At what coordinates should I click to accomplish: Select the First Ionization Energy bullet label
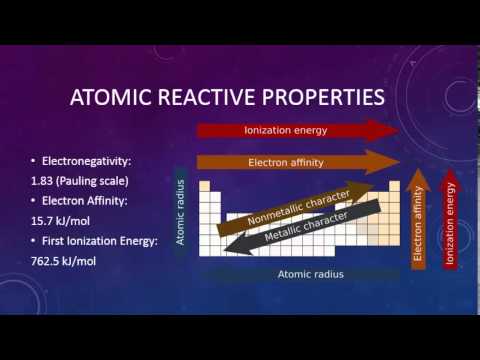point(98,241)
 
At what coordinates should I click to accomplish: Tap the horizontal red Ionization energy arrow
point(285,130)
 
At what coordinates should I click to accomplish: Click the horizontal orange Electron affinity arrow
point(285,162)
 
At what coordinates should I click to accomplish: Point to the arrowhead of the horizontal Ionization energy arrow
point(386,130)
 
